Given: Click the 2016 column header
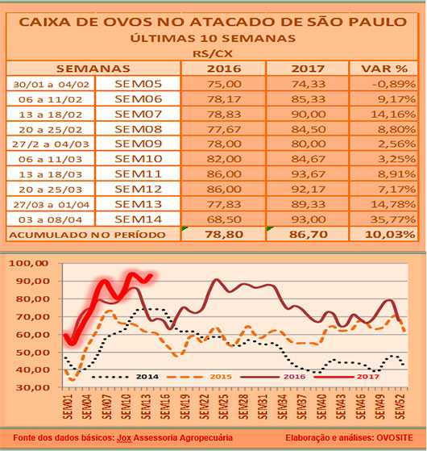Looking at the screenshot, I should (x=222, y=69).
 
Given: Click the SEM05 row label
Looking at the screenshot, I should (x=139, y=83).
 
